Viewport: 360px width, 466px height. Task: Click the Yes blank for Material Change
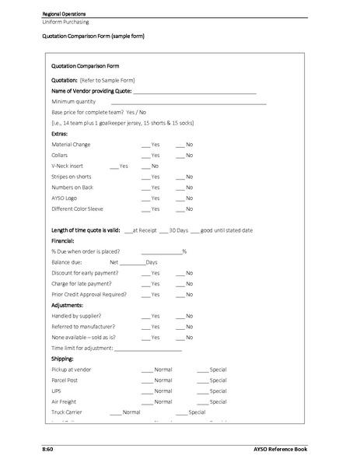(145, 145)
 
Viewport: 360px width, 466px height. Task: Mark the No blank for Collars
(180, 156)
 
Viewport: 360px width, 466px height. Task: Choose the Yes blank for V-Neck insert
(114, 166)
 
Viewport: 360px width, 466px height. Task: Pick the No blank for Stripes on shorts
(180, 177)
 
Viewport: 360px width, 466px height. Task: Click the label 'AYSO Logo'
(65, 198)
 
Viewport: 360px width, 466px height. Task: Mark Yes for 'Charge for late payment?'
(145, 284)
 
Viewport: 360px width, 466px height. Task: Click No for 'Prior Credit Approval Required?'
(180, 295)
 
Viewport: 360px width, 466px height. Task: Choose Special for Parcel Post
(201, 380)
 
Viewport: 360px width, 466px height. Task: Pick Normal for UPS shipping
(146, 391)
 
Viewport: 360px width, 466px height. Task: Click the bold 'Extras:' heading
(59, 134)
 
